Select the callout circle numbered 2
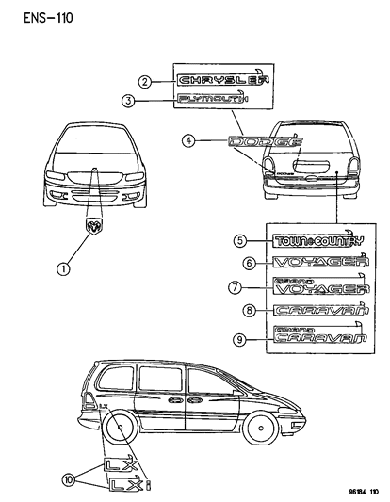(145, 81)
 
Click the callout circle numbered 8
(250, 310)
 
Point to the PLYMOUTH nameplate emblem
(213, 99)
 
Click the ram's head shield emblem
(95, 227)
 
